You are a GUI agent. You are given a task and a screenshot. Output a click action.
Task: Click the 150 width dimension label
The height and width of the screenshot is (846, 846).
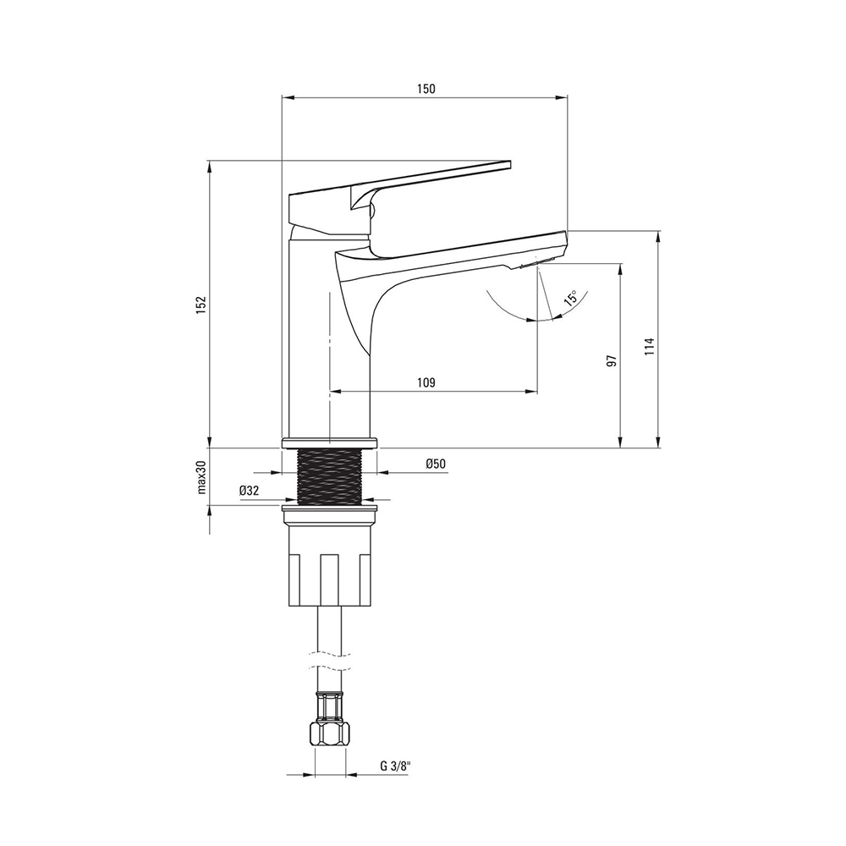tap(426, 89)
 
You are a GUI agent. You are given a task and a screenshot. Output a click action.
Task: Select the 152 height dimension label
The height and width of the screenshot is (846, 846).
tap(201, 305)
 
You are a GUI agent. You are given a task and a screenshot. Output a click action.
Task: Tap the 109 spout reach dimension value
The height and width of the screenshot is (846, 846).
tap(426, 382)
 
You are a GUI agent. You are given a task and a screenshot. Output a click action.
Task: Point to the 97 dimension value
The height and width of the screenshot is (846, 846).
tap(612, 361)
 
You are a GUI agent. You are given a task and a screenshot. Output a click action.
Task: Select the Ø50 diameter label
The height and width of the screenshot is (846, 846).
tap(436, 464)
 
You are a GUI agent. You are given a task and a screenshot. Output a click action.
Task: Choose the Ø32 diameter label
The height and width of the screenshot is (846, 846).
tap(250, 491)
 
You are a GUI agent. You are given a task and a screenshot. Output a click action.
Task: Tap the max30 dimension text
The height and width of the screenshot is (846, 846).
tap(202, 477)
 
